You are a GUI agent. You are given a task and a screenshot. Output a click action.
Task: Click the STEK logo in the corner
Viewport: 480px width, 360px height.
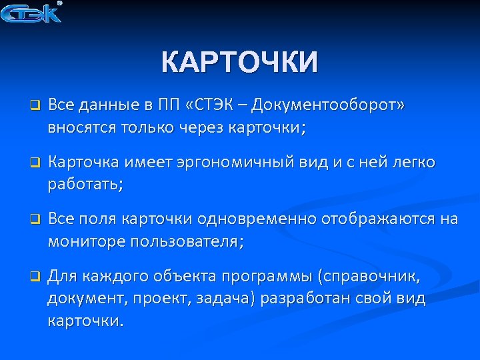32,12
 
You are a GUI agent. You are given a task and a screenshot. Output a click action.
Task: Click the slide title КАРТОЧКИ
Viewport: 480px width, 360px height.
240,63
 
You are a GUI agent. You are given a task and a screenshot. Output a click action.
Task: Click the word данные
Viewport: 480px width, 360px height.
107,105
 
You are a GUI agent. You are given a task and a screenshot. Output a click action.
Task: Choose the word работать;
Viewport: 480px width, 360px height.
85,185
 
